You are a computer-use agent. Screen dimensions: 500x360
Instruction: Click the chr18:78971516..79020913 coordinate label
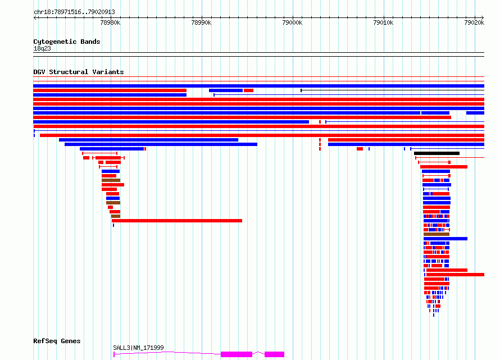pos(74,12)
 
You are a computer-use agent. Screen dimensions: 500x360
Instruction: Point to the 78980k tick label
pos(110,22)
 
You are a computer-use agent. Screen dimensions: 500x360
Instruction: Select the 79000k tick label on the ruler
pos(292,22)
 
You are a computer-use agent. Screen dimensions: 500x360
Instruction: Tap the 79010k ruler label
pos(383,22)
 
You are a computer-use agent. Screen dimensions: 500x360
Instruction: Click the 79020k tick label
pos(474,22)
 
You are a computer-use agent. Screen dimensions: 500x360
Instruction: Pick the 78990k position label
pos(201,22)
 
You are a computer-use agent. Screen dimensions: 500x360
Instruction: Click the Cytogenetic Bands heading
pos(67,42)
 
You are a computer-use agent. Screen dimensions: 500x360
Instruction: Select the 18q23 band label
pos(42,48)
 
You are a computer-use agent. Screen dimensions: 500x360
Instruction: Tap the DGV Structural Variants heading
pos(79,72)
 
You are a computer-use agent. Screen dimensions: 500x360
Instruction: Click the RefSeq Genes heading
pos(57,341)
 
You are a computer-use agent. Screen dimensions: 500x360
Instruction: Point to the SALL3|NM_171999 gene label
pos(138,348)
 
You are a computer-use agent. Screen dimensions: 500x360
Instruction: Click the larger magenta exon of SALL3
pos(237,354)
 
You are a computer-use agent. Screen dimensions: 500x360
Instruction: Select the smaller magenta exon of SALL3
pos(274,354)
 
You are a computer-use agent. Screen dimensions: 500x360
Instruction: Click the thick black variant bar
pos(437,153)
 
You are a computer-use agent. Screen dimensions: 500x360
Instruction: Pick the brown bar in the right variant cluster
pos(436,234)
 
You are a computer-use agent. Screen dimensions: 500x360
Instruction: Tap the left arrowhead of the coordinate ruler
pos(35,17)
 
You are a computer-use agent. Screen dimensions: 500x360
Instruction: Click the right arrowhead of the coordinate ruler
pos(483,17)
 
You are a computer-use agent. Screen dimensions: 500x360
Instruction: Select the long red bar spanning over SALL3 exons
pos(177,221)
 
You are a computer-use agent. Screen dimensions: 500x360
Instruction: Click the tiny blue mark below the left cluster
pos(113,225)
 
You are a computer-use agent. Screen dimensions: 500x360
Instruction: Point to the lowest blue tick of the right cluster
pos(434,315)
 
